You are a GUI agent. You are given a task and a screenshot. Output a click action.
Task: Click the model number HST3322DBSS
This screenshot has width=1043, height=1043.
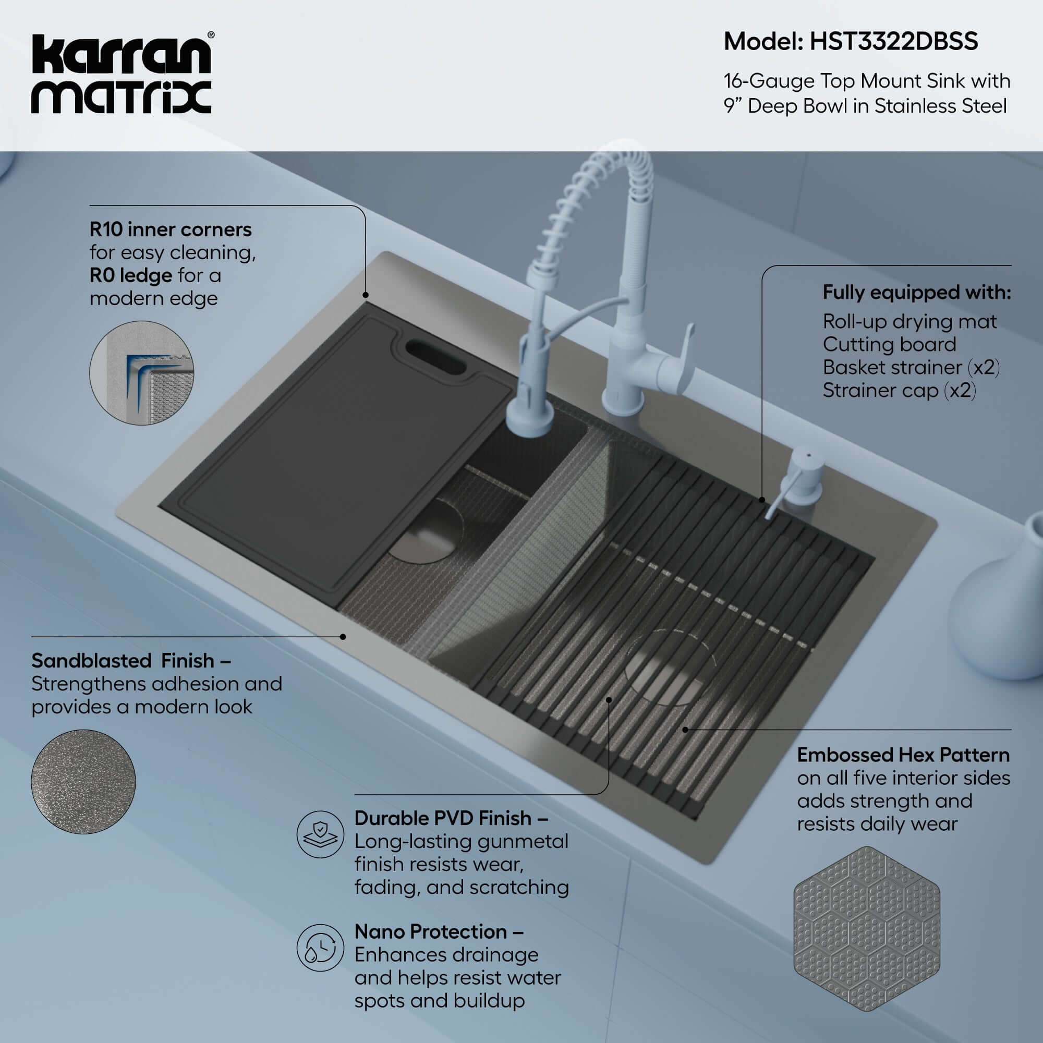click(x=893, y=42)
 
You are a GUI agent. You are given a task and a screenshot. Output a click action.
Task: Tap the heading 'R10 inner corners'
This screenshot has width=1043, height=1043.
click(x=171, y=230)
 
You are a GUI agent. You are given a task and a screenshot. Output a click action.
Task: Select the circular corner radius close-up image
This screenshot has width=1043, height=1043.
click(x=141, y=373)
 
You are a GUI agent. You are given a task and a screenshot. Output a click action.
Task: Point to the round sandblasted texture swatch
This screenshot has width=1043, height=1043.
click(x=83, y=781)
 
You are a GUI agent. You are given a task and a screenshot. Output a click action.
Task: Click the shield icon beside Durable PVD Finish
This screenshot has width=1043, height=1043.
click(x=320, y=834)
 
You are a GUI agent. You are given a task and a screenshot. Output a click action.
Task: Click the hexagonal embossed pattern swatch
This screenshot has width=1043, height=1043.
click(x=866, y=929)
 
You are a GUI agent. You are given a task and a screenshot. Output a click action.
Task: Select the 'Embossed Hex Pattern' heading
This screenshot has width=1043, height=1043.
click(x=903, y=755)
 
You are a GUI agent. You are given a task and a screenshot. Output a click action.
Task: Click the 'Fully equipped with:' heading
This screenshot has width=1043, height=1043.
click(x=916, y=293)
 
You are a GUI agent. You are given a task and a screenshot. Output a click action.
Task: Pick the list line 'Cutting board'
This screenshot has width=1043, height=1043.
click(x=889, y=344)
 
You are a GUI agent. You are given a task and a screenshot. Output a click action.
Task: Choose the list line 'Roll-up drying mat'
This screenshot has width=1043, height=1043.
click(x=909, y=322)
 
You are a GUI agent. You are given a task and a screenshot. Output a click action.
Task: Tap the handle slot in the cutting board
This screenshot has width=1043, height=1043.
click(x=435, y=357)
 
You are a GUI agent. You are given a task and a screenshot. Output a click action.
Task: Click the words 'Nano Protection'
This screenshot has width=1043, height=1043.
click(x=430, y=932)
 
